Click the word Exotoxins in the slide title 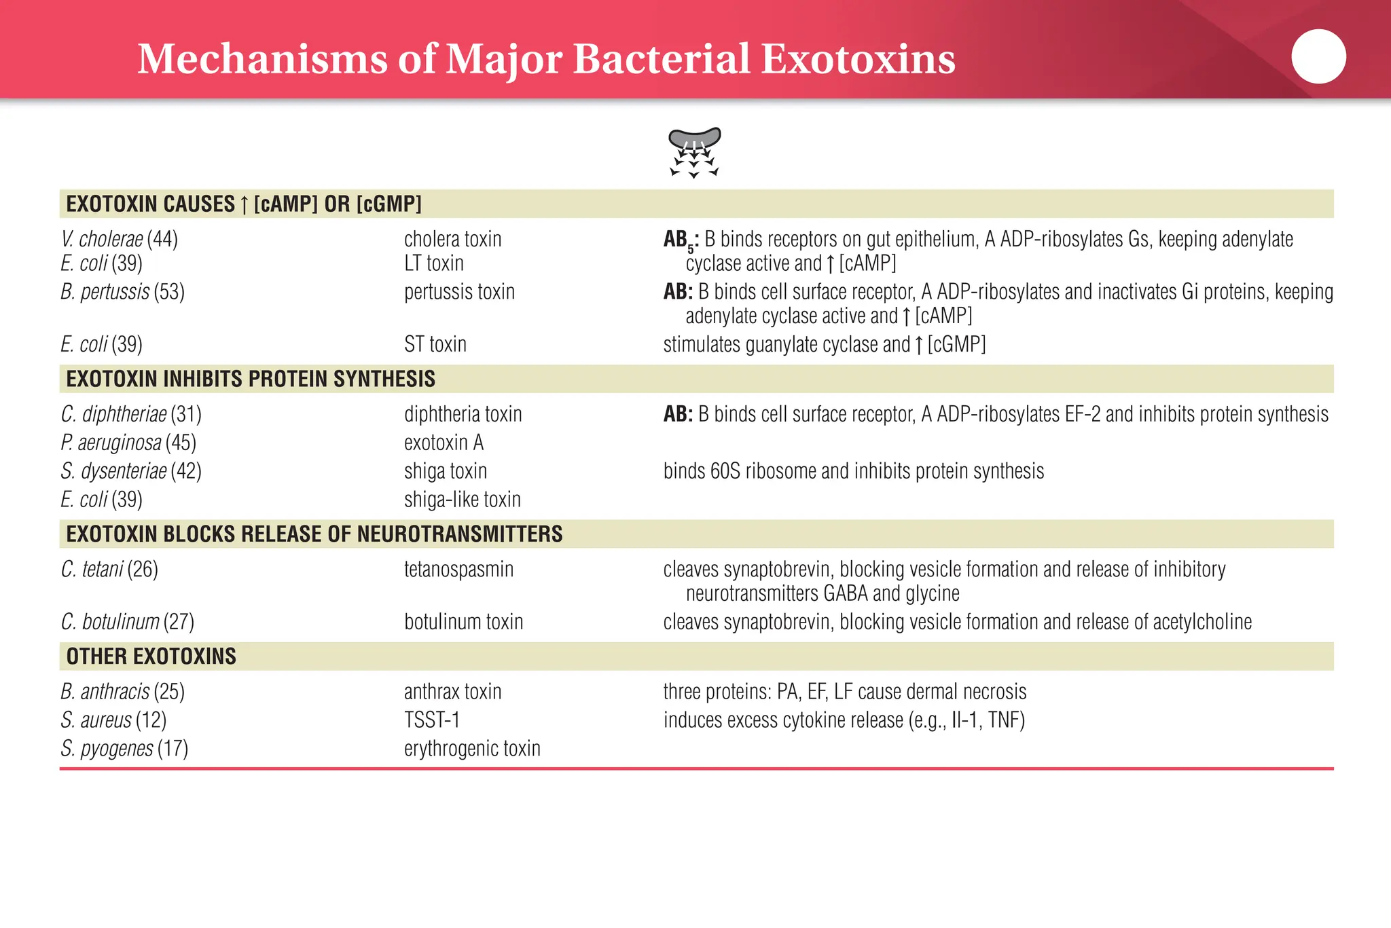click(x=858, y=59)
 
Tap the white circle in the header click(x=1318, y=56)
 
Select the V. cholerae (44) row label click(x=119, y=239)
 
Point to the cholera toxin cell click(x=452, y=239)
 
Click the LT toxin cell click(x=433, y=263)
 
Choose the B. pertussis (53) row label click(x=122, y=292)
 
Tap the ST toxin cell click(x=435, y=344)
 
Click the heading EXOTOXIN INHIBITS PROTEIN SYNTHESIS click(x=250, y=379)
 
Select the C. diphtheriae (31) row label click(x=130, y=414)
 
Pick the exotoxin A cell click(x=444, y=443)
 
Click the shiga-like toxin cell click(x=462, y=500)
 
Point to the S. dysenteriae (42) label click(x=130, y=471)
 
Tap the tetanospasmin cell click(x=458, y=569)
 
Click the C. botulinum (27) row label click(x=127, y=622)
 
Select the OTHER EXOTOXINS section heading click(x=151, y=656)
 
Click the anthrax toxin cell click(x=452, y=692)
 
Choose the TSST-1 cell click(x=432, y=720)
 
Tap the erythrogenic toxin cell click(x=472, y=749)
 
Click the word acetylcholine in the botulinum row click(x=1202, y=622)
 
